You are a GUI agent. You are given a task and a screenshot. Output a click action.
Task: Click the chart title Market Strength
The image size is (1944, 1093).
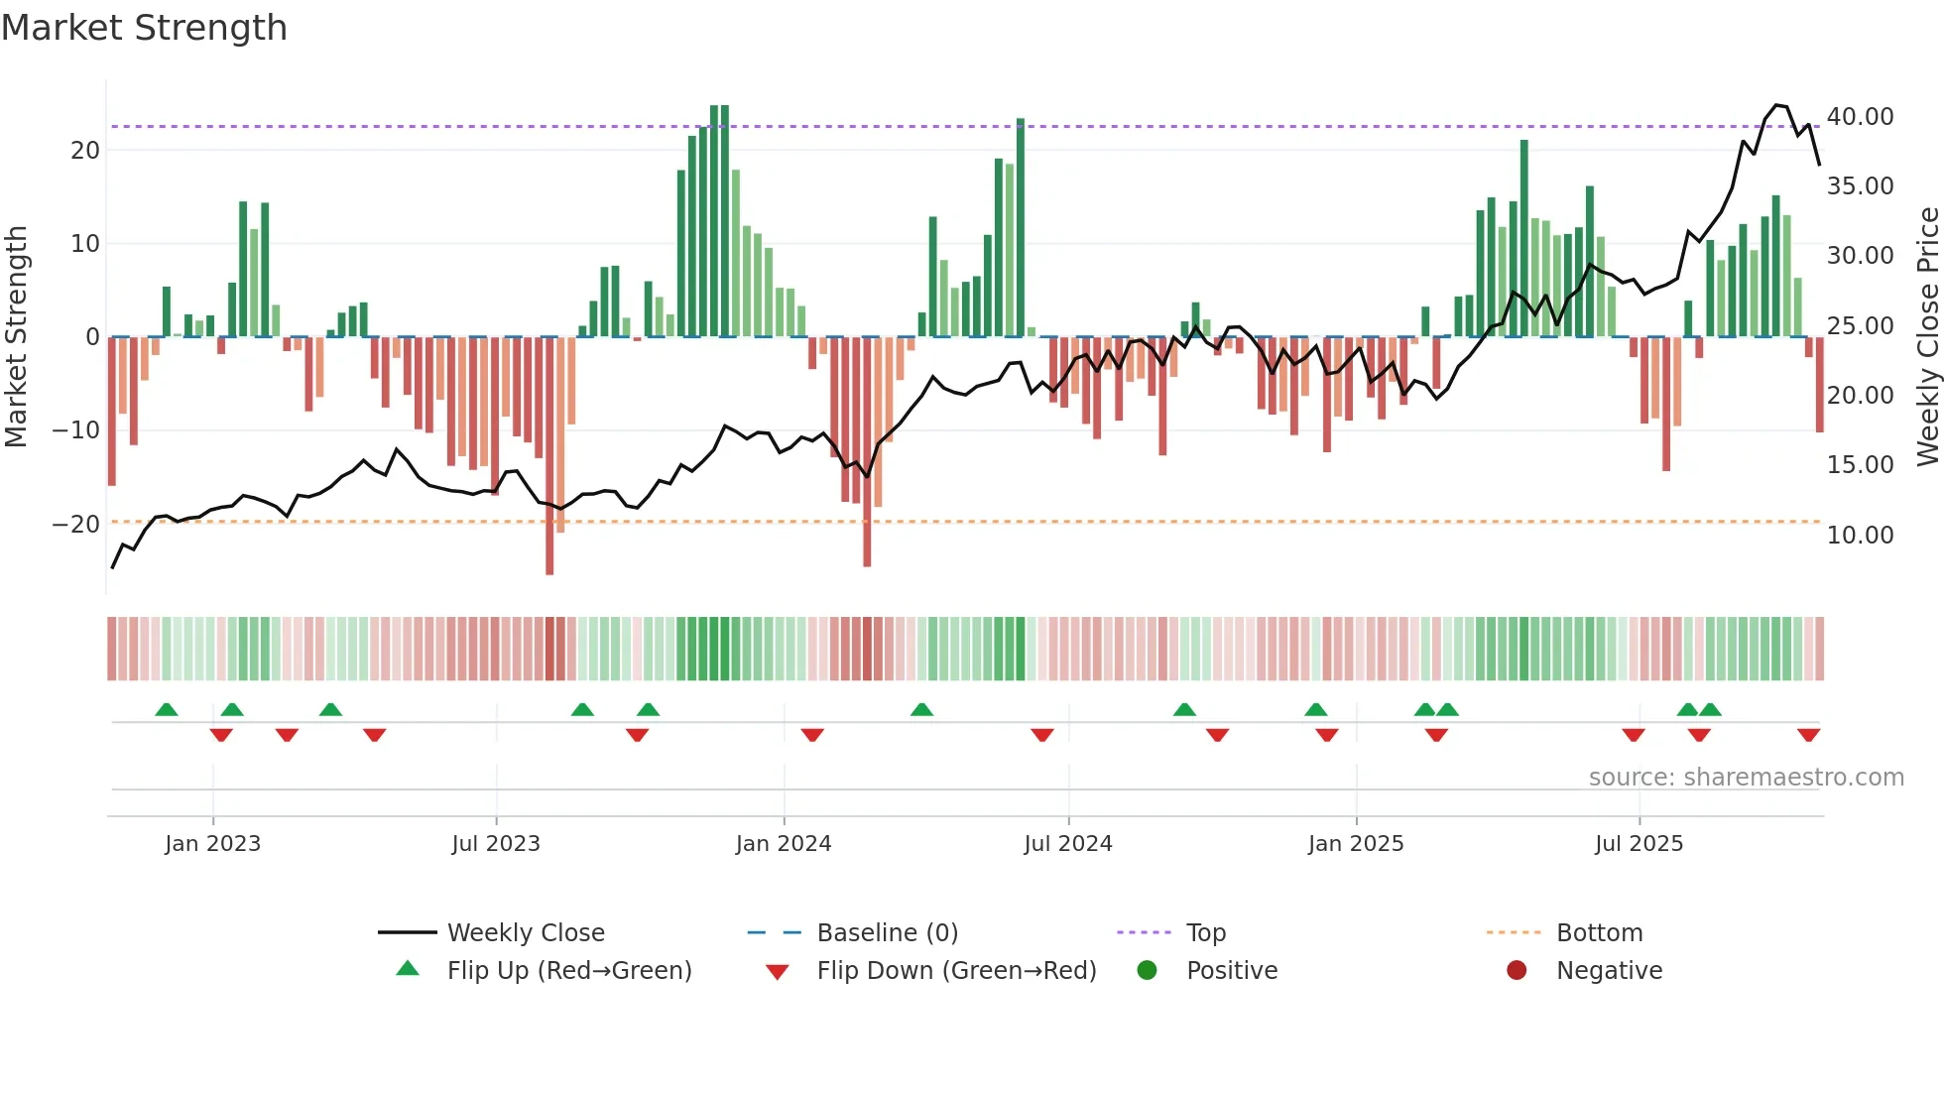coord(144,28)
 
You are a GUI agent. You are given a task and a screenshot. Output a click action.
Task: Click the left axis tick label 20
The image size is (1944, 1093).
coord(85,151)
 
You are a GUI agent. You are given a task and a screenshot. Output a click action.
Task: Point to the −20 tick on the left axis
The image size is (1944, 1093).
coord(76,525)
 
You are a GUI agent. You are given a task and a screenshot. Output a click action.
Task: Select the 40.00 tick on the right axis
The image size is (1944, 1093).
coord(1860,117)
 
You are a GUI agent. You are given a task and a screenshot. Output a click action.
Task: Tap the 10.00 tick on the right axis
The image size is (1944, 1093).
coord(1860,536)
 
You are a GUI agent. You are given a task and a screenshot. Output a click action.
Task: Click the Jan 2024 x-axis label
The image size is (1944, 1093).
coord(783,844)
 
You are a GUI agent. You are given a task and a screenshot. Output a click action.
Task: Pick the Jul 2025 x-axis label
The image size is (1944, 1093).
coord(1639,844)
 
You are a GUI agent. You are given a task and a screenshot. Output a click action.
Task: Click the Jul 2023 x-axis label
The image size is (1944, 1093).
coord(495,844)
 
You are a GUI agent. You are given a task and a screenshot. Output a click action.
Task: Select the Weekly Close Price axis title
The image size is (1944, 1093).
coord(1927,337)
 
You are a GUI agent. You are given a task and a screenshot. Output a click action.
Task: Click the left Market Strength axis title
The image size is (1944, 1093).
coord(16,337)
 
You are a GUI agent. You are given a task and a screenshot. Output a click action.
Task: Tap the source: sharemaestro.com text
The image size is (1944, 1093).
coord(1746,778)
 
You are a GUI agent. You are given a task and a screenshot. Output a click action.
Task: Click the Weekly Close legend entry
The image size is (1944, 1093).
coord(525,933)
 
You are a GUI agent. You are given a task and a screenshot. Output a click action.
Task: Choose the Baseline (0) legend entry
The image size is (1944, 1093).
coord(887,933)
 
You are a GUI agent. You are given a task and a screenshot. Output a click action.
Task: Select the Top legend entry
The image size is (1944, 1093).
coord(1205,933)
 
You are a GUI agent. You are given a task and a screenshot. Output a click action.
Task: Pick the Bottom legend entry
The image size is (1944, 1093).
coord(1599,933)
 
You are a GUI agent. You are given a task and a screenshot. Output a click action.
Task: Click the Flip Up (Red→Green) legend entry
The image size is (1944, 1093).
coord(568,971)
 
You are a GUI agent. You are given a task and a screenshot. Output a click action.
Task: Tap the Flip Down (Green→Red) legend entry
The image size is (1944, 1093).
coord(956,971)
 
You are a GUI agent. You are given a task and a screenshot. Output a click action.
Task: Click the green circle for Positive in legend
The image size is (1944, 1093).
coord(1147,971)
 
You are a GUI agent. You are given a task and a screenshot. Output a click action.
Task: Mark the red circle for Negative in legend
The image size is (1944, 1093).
coord(1517,971)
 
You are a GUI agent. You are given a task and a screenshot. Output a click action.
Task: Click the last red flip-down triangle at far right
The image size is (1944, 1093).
coord(1808,735)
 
